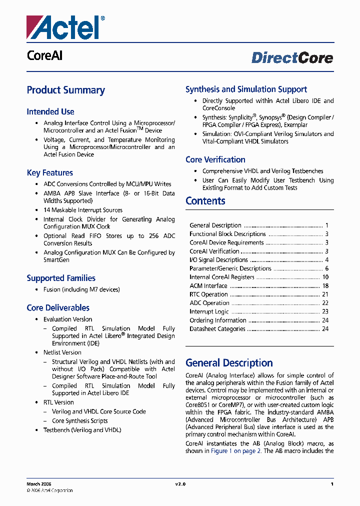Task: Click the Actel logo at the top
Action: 65,27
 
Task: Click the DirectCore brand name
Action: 292,58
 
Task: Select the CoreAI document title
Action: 44,56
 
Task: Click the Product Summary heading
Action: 65,90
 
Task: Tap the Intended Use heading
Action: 50,112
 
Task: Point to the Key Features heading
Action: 50,173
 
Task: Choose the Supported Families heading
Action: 61,278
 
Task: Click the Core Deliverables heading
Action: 58,308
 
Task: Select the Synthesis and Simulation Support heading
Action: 246,89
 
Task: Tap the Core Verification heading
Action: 215,160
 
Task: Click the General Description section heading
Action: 229,363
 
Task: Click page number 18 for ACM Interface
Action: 325,286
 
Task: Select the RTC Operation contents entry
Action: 208,294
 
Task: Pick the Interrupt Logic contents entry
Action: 209,312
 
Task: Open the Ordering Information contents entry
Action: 217,320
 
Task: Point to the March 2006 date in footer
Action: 38,484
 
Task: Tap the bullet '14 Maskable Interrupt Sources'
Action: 82,210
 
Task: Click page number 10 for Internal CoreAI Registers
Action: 325,277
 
